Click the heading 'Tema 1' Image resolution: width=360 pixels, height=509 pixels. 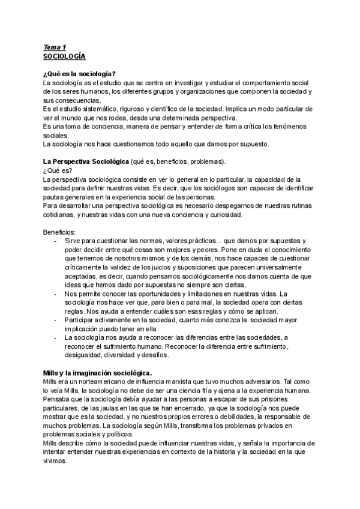55,47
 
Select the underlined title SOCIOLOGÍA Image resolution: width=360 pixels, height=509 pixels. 64,56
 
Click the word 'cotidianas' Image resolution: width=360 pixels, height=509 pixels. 59,215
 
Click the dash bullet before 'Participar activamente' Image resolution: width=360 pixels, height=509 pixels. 56,320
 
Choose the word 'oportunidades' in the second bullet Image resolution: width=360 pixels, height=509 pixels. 158,294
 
